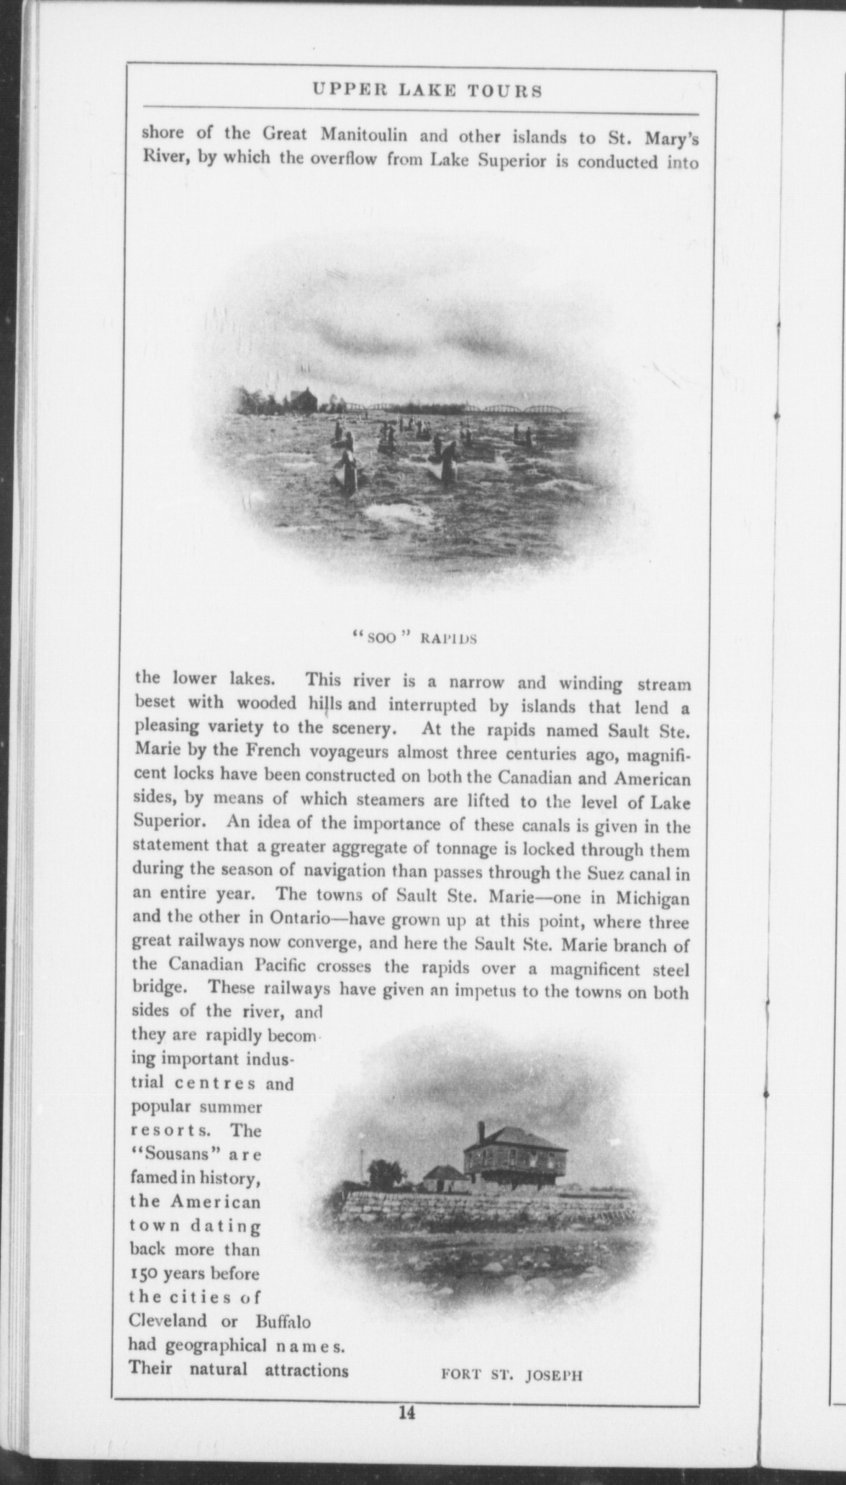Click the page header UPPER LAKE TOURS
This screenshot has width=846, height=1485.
[x=427, y=91]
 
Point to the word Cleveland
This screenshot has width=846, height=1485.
[x=166, y=1322]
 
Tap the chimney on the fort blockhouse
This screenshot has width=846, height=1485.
[x=480, y=1130]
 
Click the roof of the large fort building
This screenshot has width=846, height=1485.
[x=512, y=1138]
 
